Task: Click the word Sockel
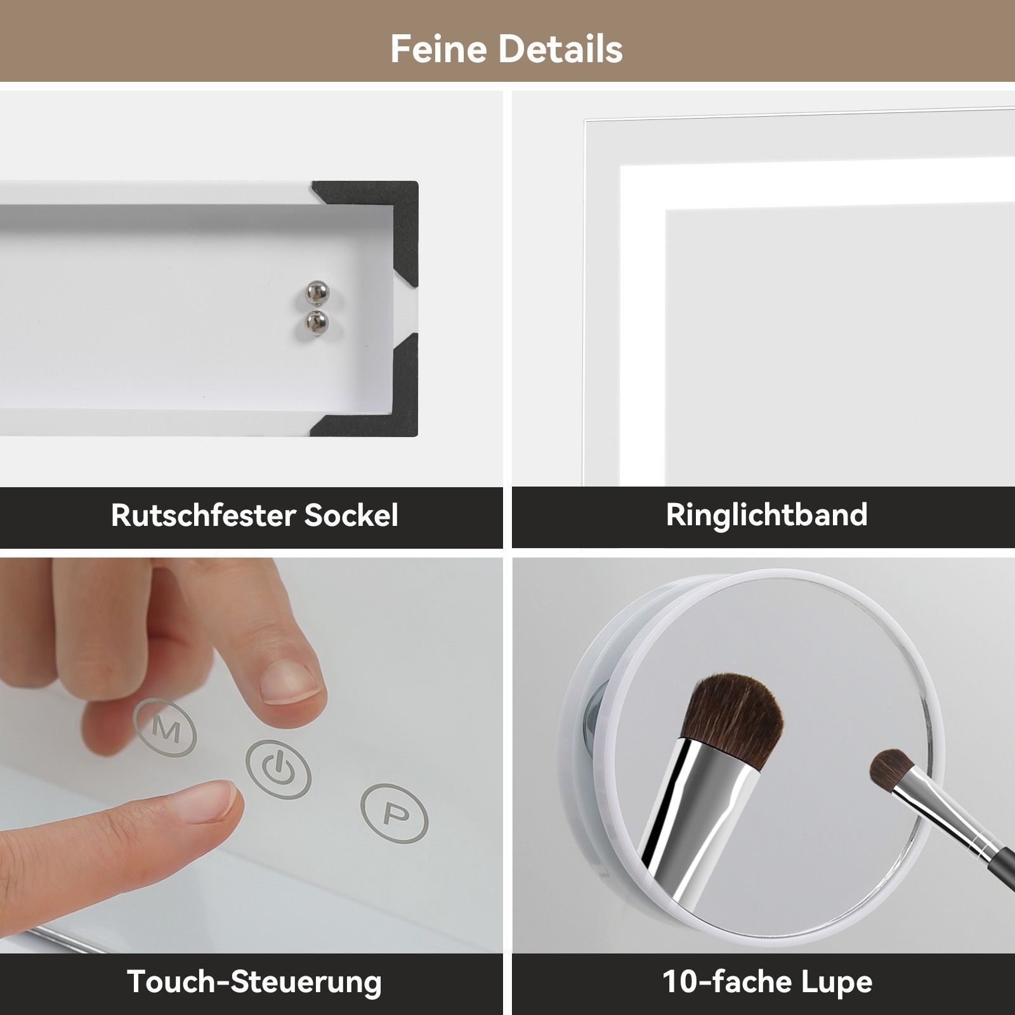(351, 515)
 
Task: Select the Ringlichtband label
(766, 515)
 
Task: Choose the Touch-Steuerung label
(254, 981)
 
